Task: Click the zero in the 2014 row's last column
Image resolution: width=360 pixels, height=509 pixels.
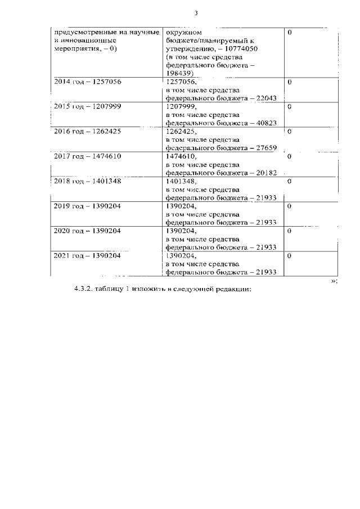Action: pos(289,82)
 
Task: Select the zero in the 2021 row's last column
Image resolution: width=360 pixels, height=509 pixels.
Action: pos(289,255)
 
